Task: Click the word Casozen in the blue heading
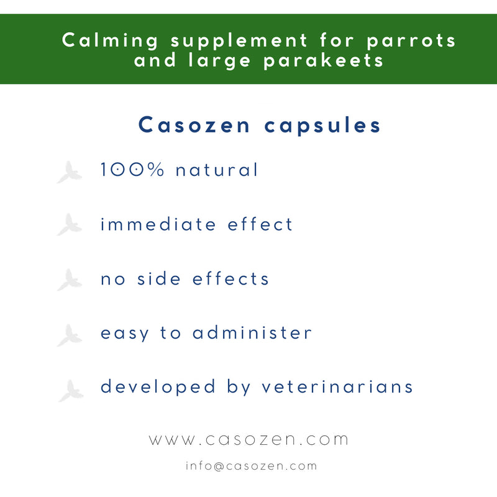click(194, 125)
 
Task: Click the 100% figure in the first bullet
click(132, 170)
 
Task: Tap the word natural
click(217, 170)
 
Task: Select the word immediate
click(158, 224)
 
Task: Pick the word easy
click(125, 334)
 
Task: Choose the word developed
click(158, 387)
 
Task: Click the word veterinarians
click(337, 387)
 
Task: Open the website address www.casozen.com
click(248, 440)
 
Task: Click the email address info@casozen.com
click(251, 466)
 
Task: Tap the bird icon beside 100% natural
click(70, 172)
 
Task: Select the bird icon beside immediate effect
click(70, 225)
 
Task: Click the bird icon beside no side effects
click(70, 280)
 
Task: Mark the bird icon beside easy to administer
click(70, 335)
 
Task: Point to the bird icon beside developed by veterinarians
click(71, 391)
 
